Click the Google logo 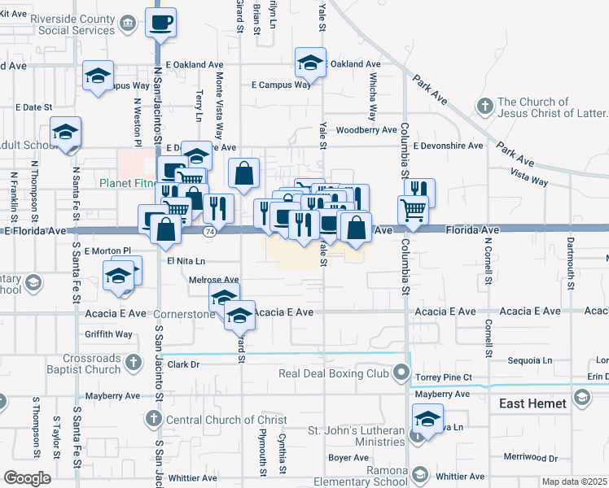tap(26, 478)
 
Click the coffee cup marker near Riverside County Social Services tap(161, 22)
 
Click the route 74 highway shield tap(209, 232)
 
